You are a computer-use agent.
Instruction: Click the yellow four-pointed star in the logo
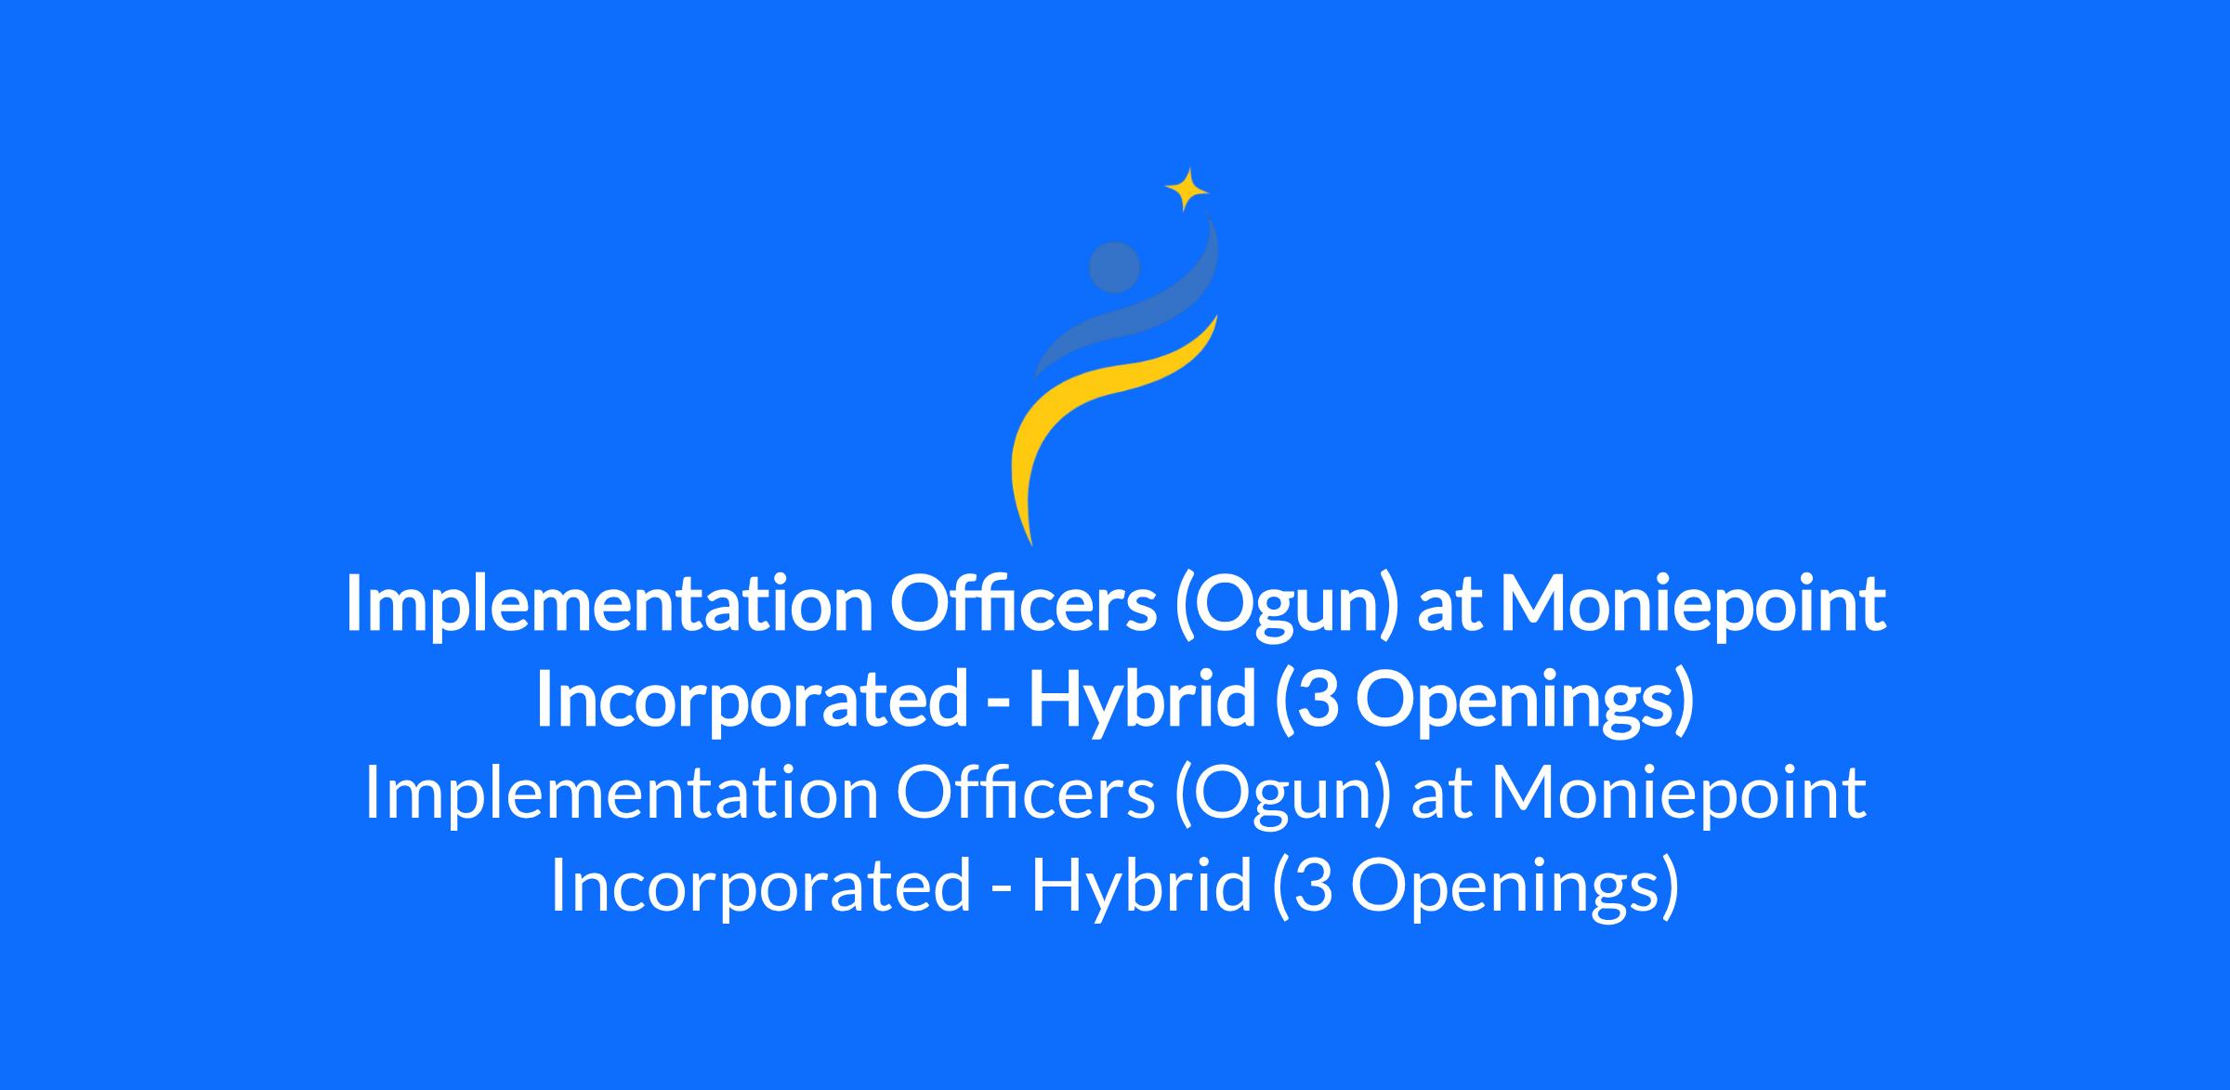pyautogui.click(x=1187, y=190)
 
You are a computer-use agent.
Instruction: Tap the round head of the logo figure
pyautogui.click(x=1114, y=267)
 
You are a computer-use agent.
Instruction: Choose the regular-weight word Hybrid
pyautogui.click(x=1141, y=887)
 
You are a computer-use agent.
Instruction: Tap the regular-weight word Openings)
pyautogui.click(x=1515, y=887)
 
